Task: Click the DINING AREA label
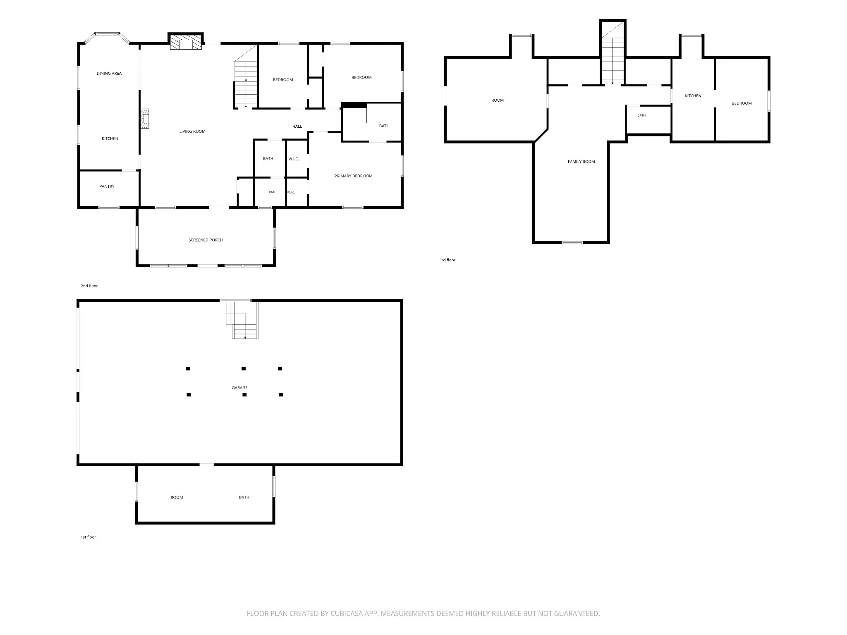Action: [109, 74]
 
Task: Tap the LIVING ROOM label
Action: [192, 131]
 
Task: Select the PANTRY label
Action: [107, 186]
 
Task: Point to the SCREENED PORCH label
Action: [206, 240]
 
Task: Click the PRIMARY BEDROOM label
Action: [353, 176]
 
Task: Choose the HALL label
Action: [297, 127]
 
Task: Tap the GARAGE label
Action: [240, 388]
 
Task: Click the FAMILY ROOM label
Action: [581, 162]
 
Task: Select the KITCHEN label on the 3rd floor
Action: [693, 96]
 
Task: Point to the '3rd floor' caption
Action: [447, 260]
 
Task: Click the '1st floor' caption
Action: [88, 537]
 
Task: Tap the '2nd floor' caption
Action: [89, 286]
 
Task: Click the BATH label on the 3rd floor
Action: [641, 115]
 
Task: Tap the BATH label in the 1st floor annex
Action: [244, 497]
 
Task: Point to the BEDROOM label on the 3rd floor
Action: [742, 103]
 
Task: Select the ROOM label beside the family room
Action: [498, 100]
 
